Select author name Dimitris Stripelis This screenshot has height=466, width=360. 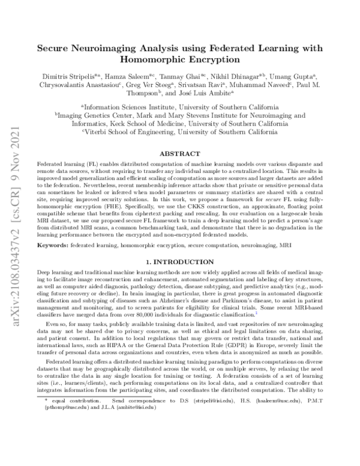(76, 78)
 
